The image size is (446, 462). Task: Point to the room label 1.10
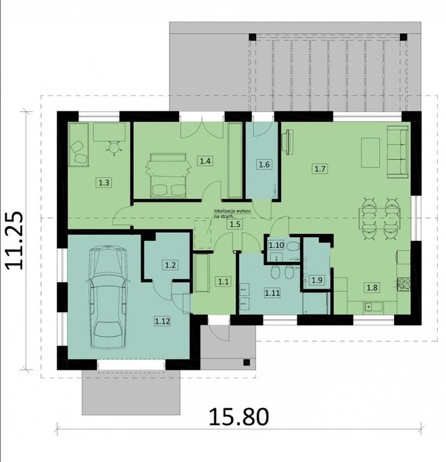point(276,245)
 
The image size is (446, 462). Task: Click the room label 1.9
point(316,279)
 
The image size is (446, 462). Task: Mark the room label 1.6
point(264,163)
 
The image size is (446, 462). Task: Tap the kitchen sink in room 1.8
point(372,307)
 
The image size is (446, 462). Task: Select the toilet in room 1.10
point(292,247)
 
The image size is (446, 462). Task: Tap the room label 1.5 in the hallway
point(234,224)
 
